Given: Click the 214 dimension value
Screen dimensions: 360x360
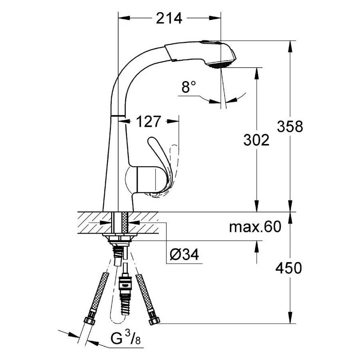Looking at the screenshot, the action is pos(169,18).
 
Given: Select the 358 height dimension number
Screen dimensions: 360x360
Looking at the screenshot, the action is pos(290,126).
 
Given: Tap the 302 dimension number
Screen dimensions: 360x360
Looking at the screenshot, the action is pos(256,140).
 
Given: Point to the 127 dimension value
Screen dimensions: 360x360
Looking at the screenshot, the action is pos(149,122).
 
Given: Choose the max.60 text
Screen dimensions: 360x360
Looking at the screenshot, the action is pos(255,227).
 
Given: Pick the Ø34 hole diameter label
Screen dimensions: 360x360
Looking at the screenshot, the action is pos(184,254).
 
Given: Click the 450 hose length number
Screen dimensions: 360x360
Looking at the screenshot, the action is pos(288,268).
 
